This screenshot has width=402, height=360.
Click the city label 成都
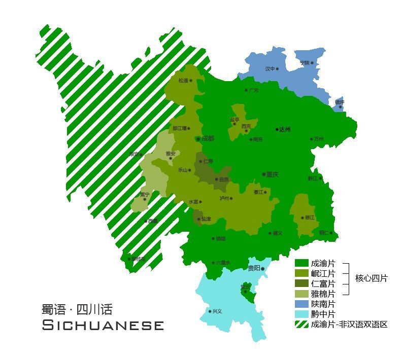[208, 138]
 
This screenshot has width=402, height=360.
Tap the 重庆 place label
[273, 174]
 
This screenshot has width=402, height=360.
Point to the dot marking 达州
[277, 129]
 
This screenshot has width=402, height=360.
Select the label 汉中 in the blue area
[270, 68]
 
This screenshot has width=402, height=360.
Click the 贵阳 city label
[253, 268]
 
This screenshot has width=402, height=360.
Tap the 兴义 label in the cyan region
[217, 311]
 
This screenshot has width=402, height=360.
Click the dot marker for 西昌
[146, 221]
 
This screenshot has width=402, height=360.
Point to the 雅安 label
[170, 154]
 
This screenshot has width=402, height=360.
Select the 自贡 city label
[224, 179]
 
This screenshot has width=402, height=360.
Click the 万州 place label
[318, 139]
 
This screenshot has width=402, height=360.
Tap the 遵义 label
[277, 233]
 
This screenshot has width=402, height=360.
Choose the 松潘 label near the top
[183, 80]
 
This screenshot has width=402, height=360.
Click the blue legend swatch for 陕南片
[302, 304]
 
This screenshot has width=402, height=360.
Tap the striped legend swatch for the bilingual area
[302, 324]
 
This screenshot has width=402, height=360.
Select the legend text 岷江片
[323, 273]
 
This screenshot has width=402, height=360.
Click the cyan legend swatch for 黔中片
[302, 314]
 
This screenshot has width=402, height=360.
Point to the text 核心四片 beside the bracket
[371, 278]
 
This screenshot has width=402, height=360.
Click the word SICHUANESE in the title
[103, 325]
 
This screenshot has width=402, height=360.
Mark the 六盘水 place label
[223, 263]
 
